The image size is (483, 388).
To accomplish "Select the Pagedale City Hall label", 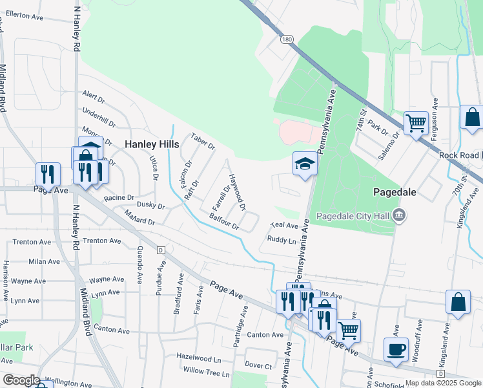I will [353, 215].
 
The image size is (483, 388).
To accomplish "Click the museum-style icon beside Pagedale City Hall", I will [399, 215].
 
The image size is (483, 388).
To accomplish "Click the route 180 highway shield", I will [286, 40].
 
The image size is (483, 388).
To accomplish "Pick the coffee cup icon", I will [396, 349].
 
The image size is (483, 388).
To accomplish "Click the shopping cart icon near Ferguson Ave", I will [416, 122].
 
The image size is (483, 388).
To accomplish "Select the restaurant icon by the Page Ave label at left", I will [47, 174].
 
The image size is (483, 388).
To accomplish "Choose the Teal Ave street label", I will [285, 226].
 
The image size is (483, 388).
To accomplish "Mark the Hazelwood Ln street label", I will [199, 357].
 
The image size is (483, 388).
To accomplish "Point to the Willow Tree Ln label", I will [206, 372].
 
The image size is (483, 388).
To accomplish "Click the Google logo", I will [21, 380].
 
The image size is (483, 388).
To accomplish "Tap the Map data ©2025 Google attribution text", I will [442, 383].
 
